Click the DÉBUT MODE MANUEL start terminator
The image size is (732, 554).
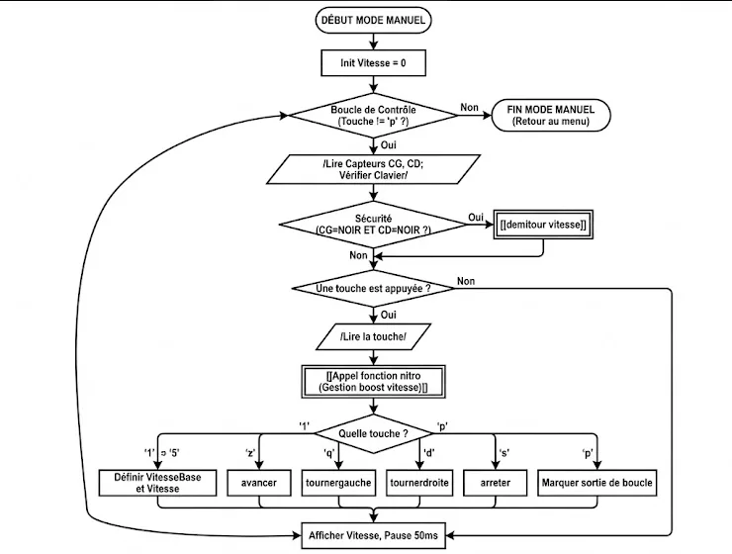point(373,20)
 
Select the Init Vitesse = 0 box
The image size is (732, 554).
point(373,63)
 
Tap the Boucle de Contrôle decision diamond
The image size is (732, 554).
point(373,116)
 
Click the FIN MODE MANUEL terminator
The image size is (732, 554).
point(551,116)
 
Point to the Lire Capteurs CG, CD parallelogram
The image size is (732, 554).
point(373,169)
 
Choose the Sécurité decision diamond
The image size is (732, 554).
point(373,225)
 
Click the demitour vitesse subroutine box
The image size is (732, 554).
point(543,225)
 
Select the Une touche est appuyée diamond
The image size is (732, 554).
point(373,289)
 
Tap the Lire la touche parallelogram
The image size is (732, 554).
point(373,336)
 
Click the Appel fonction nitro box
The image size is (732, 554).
point(373,382)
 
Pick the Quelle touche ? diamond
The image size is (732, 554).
point(373,433)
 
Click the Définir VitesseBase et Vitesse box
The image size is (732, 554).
point(158,483)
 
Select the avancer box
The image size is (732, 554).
point(259,483)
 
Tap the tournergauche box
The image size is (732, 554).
point(338,483)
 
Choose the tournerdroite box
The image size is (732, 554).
point(419,483)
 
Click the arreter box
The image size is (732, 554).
point(496,483)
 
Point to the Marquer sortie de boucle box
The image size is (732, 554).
point(597,483)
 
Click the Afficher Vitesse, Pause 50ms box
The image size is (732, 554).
point(373,535)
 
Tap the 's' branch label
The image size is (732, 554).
point(504,453)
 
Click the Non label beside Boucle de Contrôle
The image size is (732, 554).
point(469,108)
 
